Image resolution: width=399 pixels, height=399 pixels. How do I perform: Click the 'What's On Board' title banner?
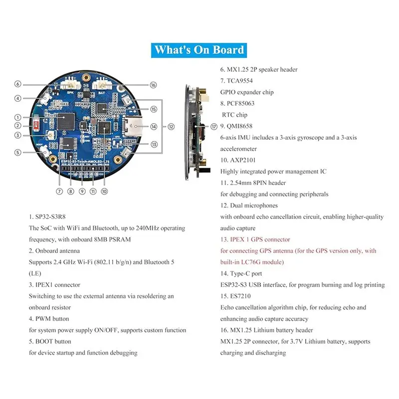coord(199,50)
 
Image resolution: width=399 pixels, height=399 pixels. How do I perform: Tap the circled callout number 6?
coord(18,84)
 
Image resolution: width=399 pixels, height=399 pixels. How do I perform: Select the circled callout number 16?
coord(153,85)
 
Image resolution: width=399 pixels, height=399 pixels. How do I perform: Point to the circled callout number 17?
coord(214,127)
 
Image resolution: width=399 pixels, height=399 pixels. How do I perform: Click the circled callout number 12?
coord(171,127)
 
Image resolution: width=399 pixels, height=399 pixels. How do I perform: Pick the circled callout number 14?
coord(154,127)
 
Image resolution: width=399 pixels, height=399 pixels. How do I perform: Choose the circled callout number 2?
coord(18,126)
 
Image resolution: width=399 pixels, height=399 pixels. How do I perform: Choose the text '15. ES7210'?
coord(238,296)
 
